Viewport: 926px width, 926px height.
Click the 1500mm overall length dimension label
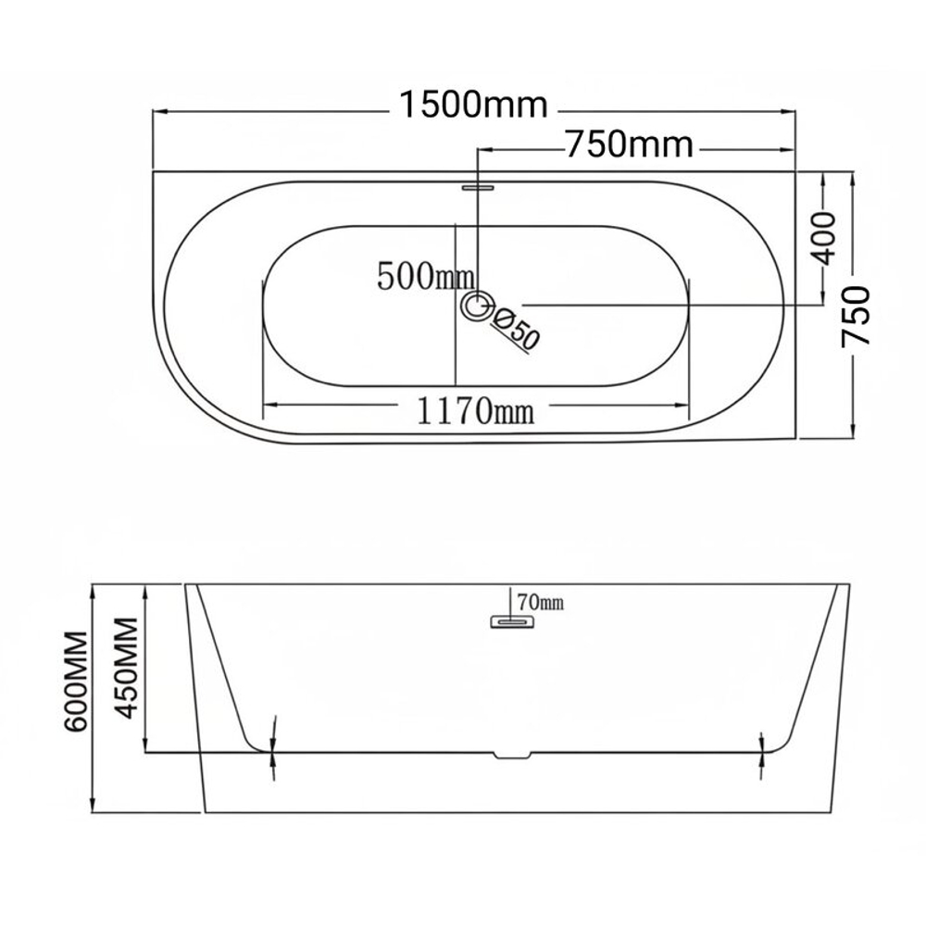(473, 106)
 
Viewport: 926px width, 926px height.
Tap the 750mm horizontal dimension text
(630, 144)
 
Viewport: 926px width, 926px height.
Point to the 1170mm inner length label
(475, 410)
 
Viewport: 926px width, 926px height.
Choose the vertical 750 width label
(856, 316)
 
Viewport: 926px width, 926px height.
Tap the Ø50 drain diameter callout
(515, 329)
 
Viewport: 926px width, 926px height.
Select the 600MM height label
(77, 682)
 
